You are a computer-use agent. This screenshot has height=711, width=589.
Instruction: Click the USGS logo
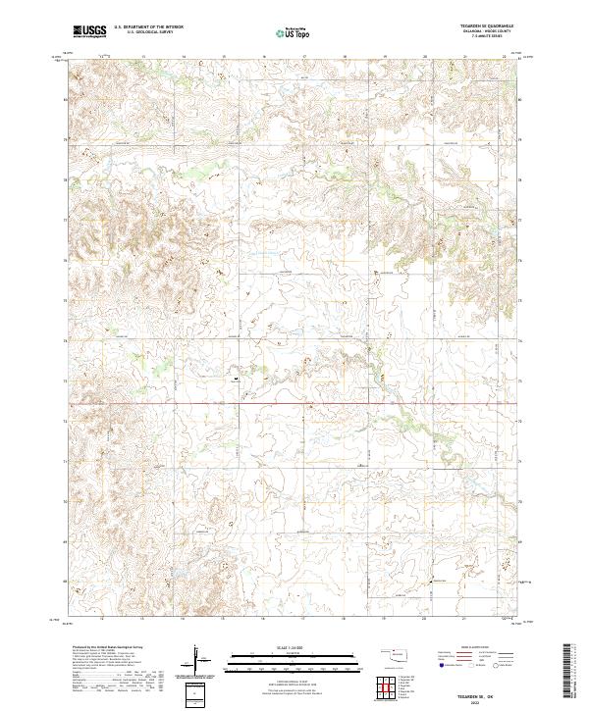pos(89,32)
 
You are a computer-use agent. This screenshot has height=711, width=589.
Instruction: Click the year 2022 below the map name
pos(485,701)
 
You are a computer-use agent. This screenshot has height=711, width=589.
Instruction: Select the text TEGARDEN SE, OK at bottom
pos(485,693)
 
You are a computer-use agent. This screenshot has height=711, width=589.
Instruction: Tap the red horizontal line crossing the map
pos(294,402)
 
